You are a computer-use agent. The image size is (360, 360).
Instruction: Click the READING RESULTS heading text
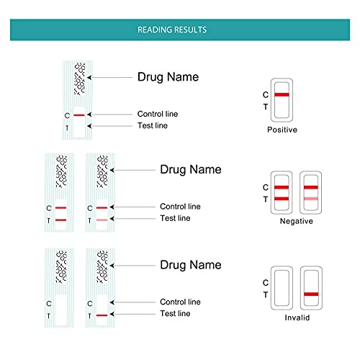172,30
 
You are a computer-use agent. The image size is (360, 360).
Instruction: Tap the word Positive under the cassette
282,130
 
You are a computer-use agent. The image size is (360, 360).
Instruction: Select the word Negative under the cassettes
296,221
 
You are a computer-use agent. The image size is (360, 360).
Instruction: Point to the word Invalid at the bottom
296,317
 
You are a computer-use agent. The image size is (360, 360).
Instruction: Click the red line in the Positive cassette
282,95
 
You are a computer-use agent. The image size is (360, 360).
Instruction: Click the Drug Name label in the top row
168,76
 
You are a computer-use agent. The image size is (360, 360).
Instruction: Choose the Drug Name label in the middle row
190,170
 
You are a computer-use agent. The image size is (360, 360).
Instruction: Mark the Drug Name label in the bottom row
190,265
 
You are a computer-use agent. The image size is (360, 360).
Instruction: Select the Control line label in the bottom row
180,302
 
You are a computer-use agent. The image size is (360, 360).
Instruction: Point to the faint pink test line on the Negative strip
102,220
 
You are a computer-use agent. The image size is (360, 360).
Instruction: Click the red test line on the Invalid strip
102,315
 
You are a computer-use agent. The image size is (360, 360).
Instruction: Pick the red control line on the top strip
79,115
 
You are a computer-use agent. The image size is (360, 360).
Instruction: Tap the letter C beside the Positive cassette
265,95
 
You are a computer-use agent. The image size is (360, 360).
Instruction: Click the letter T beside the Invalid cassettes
265,294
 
